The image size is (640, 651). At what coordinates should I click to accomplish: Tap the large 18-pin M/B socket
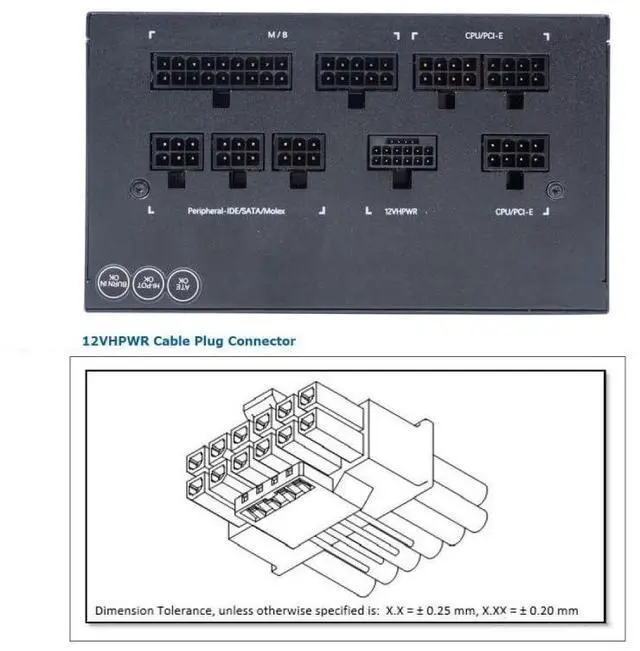[x=222, y=72]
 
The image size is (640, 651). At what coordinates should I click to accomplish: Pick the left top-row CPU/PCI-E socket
[x=447, y=72]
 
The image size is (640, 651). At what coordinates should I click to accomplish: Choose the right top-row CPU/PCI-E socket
[x=515, y=72]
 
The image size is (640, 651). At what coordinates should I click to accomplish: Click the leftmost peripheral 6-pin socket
[x=176, y=152]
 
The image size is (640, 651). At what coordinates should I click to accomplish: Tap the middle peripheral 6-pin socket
[x=238, y=152]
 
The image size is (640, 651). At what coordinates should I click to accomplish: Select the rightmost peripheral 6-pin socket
[x=299, y=152]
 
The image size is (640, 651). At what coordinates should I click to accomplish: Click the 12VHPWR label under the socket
[x=401, y=212]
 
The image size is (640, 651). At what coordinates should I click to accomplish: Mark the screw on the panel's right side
[x=558, y=187]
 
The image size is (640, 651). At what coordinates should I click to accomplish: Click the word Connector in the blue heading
[x=258, y=341]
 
